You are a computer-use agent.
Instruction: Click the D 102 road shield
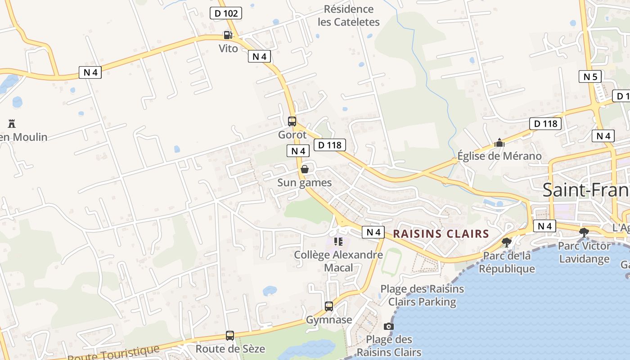tap(226, 13)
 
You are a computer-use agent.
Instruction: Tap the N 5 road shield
tap(590, 76)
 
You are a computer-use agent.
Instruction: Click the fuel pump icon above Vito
tap(228, 35)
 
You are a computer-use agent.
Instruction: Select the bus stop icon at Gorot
tap(292, 121)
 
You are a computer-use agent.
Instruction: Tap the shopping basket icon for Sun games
tap(305, 169)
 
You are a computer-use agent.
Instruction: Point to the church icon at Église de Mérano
tap(499, 143)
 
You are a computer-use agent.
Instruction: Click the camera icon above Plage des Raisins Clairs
tap(389, 326)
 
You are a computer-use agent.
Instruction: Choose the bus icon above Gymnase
tap(329, 306)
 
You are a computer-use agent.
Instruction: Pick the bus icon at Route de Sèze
tap(230, 336)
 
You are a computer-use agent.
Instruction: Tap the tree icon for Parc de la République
tap(507, 243)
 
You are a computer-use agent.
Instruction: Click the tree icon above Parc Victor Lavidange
tap(584, 233)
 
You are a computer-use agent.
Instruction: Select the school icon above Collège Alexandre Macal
tap(338, 242)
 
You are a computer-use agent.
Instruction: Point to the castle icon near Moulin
tap(12, 123)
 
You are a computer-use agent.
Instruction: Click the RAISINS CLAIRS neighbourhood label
tap(441, 234)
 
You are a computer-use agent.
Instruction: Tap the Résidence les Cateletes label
tap(349, 15)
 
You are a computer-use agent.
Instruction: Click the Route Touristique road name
tap(113, 353)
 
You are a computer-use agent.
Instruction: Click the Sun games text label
tap(305, 182)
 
